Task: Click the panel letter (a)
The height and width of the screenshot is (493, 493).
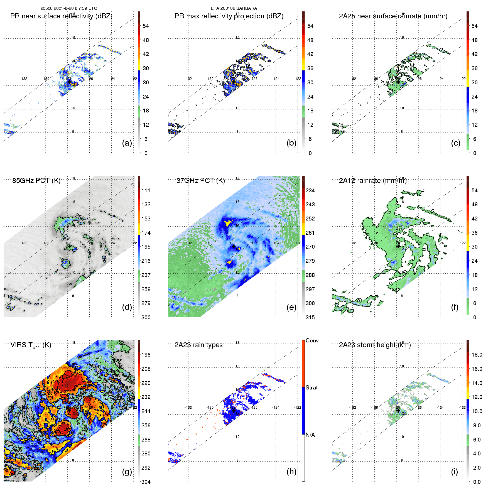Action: point(127,143)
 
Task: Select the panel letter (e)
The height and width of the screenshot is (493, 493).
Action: point(291,307)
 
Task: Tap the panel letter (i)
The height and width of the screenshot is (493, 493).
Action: point(454,472)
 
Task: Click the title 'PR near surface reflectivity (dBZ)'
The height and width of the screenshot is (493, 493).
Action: point(61,16)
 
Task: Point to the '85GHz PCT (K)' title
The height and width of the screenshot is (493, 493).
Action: point(36,181)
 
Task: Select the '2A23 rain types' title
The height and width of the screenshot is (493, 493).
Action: point(198,345)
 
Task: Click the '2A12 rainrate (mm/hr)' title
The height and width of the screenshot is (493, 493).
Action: point(373,181)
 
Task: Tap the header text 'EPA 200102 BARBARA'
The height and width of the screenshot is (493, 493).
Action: point(234,8)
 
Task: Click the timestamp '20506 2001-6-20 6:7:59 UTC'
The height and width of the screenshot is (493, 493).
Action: point(69,8)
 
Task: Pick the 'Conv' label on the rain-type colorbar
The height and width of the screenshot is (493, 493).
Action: point(312,340)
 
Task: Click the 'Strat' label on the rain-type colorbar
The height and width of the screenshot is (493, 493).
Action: point(312,387)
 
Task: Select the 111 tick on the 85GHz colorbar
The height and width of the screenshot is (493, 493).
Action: point(146,190)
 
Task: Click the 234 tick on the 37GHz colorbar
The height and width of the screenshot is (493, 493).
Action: point(310,190)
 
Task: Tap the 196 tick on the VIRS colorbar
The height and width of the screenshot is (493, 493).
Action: point(146,355)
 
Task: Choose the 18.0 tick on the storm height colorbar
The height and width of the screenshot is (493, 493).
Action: point(477,355)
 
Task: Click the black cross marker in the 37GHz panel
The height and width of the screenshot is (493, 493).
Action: point(234,246)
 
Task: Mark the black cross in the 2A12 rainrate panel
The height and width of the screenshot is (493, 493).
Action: point(398,246)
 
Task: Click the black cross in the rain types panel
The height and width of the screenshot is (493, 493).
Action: point(234,411)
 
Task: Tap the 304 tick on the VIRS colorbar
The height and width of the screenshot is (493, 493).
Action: point(146,482)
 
